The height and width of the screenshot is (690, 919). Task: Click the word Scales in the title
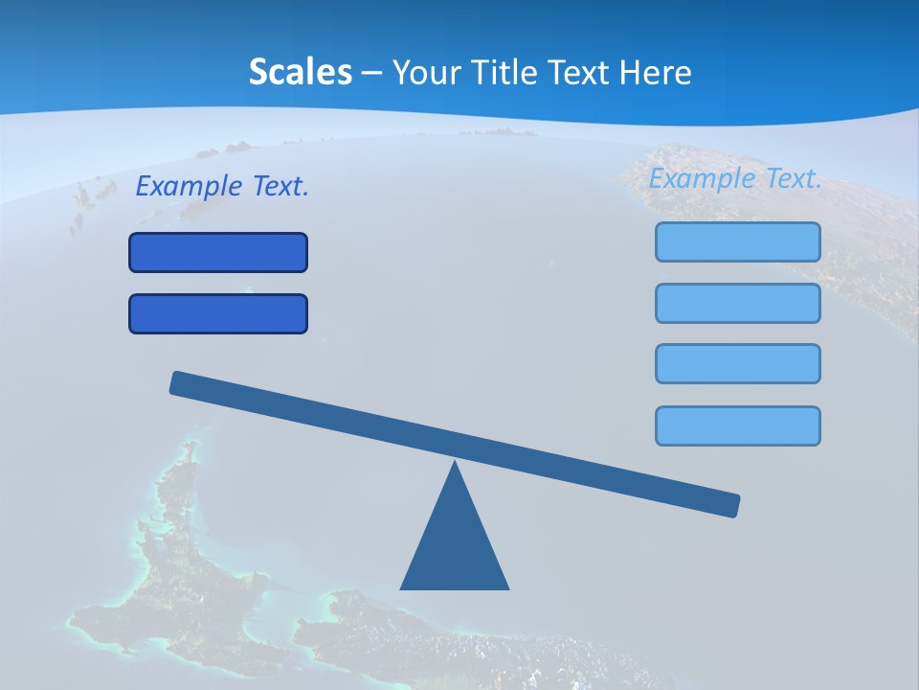[301, 72]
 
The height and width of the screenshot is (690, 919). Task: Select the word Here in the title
[655, 72]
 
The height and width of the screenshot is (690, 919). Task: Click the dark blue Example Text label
[222, 186]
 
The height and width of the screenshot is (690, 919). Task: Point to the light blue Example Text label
[735, 178]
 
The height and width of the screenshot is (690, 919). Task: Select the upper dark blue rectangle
[218, 252]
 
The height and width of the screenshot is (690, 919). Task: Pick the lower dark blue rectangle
[218, 313]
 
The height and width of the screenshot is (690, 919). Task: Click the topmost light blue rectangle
[738, 241]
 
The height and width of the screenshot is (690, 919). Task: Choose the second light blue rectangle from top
[738, 303]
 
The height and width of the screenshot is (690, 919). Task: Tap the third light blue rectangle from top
[738, 363]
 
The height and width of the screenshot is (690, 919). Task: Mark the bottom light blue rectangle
[738, 425]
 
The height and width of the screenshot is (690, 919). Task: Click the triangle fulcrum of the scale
[455, 546]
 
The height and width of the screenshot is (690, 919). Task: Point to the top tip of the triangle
[455, 464]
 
